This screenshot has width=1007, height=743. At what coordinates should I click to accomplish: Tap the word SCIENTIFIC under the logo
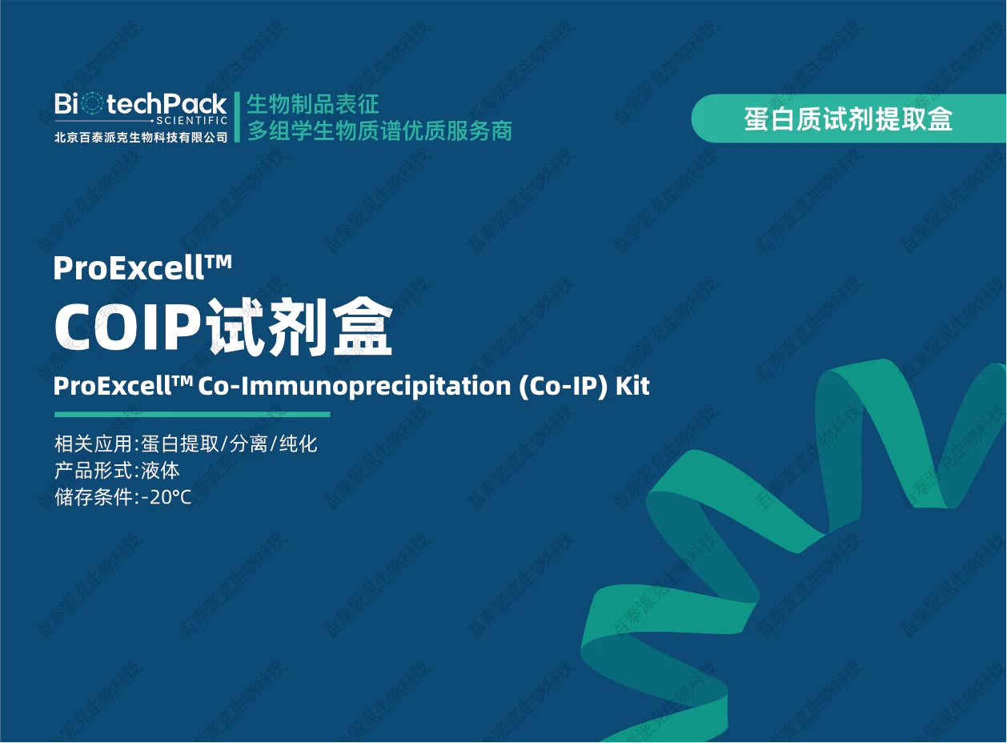(x=191, y=121)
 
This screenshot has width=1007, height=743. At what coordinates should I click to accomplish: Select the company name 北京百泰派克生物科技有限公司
(x=141, y=137)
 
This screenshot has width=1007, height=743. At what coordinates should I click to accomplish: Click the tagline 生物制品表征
(x=313, y=104)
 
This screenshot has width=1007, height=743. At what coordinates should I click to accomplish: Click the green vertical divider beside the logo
(x=237, y=117)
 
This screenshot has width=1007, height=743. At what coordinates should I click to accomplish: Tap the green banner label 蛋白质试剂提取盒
(x=848, y=119)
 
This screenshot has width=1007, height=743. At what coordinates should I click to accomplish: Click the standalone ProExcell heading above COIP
(x=142, y=268)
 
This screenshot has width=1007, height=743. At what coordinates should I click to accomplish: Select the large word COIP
(x=128, y=327)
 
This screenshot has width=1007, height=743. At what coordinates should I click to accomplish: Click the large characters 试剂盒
(x=300, y=326)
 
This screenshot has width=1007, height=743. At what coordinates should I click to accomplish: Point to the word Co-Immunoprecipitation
(x=355, y=387)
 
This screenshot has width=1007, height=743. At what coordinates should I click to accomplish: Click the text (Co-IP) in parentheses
(x=563, y=387)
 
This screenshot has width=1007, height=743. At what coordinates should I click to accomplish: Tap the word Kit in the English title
(x=632, y=385)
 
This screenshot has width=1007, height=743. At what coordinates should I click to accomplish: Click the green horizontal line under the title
(x=192, y=414)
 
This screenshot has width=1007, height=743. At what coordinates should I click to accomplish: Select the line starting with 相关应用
(x=186, y=444)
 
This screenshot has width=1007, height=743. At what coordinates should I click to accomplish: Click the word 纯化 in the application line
(x=298, y=444)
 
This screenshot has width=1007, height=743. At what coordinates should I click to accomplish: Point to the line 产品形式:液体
(x=117, y=471)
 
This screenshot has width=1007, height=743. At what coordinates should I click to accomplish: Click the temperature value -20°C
(x=166, y=497)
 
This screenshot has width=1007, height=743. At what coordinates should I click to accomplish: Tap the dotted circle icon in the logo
(x=92, y=103)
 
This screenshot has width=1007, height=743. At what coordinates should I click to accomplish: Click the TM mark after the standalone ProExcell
(x=219, y=261)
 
